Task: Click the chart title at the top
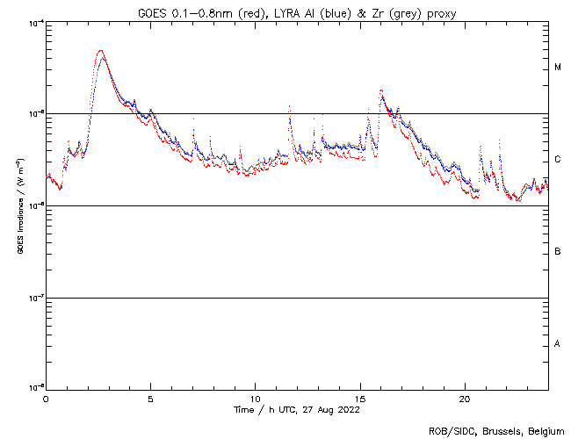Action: [297, 11]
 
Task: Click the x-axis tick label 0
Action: [46, 398]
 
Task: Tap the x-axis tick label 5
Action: [150, 398]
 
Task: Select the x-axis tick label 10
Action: [255, 398]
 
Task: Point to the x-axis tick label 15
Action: [360, 398]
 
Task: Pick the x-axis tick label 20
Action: [465, 398]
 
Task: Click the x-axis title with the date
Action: [297, 409]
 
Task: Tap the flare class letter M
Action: [558, 68]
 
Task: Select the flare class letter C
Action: [558, 160]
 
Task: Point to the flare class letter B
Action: [558, 252]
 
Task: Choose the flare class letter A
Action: [558, 343]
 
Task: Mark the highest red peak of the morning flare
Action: [101, 51]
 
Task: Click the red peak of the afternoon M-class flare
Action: [380, 90]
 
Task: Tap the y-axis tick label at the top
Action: [33, 23]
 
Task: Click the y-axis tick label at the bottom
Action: [33, 387]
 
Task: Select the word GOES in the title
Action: [154, 11]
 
